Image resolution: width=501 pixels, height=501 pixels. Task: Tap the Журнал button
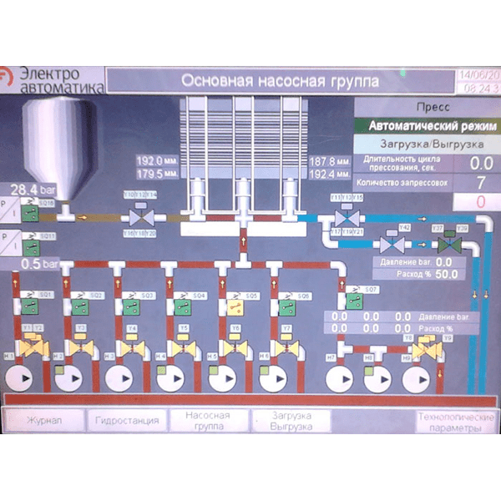point(44,419)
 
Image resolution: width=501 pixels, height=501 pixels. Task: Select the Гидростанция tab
point(127,420)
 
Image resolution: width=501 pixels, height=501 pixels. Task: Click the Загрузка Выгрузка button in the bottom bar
point(291,421)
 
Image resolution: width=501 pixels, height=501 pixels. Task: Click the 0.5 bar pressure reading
point(33,263)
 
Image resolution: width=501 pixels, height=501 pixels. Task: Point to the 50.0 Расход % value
point(446,273)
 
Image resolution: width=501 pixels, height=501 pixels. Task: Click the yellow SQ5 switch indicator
point(234,306)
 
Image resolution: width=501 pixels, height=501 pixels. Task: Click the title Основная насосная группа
point(280,81)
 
